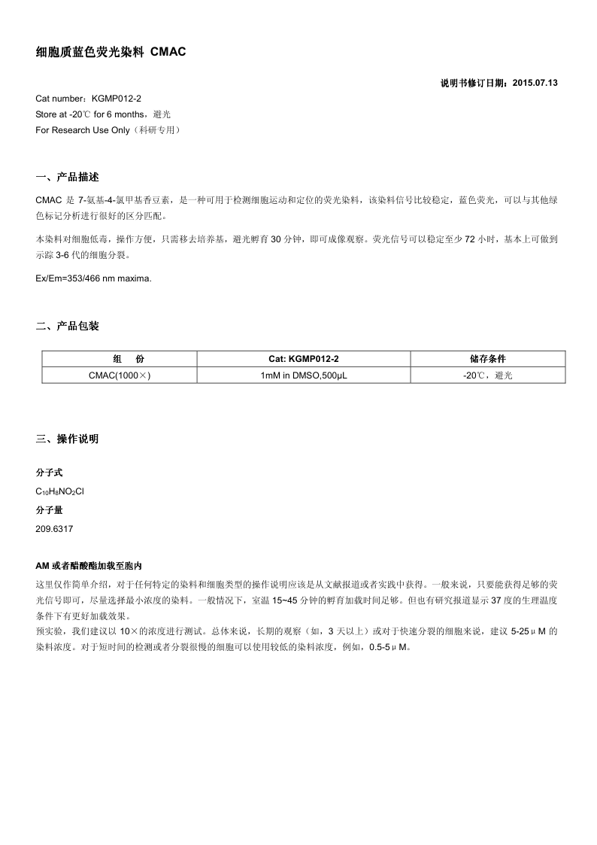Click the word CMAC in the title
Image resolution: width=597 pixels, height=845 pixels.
168,52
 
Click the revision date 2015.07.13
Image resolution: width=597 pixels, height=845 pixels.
535,84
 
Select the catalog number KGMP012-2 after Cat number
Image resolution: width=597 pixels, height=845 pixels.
117,99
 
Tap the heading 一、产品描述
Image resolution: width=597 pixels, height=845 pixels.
67,178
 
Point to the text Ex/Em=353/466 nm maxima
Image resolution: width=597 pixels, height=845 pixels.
93,278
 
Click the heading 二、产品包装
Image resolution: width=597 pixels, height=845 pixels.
67,326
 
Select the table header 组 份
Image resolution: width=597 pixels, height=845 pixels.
119,359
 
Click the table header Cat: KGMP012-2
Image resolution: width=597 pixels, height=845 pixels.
304,359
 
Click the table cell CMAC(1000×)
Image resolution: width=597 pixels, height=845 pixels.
119,375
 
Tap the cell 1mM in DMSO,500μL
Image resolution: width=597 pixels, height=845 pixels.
304,375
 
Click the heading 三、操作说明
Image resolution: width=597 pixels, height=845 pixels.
67,439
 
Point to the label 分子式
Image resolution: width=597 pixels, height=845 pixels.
50,473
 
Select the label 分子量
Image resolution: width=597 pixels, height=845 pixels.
50,509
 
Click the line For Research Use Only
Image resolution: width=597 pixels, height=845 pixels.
108,130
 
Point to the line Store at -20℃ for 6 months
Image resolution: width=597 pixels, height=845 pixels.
103,114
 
